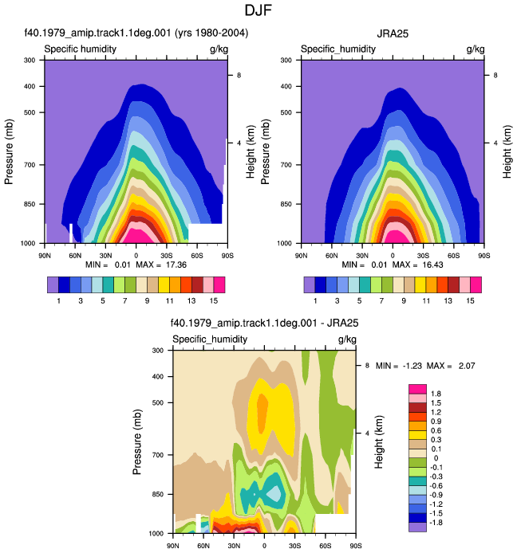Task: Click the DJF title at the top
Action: (x=258, y=10)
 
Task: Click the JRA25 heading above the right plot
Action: (x=393, y=33)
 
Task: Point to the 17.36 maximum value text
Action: (x=176, y=265)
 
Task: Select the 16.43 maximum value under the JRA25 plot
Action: (x=432, y=265)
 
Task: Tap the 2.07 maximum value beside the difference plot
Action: (x=467, y=366)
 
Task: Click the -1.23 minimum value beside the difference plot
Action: (x=412, y=366)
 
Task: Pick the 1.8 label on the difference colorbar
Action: (x=436, y=394)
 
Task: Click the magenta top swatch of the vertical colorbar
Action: (x=417, y=389)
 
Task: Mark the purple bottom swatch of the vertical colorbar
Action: (x=417, y=527)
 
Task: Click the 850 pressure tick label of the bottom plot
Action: (x=158, y=494)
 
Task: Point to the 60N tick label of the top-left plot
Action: (x=75, y=255)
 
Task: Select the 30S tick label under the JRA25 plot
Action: (x=423, y=255)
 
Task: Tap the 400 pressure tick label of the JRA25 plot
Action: (x=286, y=86)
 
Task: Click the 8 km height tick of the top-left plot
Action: (x=239, y=75)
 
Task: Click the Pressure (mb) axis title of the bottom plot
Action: (x=137, y=441)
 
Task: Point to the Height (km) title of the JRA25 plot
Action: (x=507, y=151)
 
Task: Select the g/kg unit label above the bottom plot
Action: (x=347, y=339)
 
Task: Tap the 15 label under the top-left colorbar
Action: (x=214, y=301)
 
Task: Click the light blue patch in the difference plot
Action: (x=274, y=493)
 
